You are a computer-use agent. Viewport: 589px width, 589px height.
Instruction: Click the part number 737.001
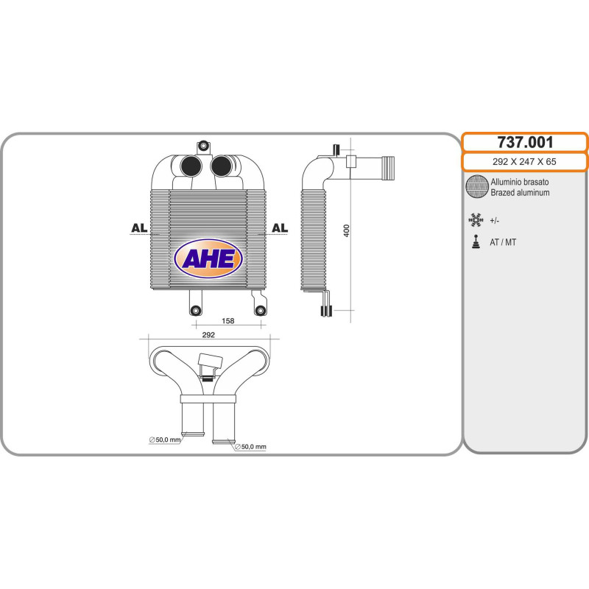(x=524, y=142)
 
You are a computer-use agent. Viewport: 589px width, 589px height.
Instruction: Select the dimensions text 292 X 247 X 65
(x=524, y=163)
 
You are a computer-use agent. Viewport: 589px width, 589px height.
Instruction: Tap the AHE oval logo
(x=208, y=258)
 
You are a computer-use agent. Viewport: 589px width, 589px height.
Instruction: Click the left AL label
(x=138, y=228)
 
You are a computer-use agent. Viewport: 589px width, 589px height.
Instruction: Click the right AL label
(x=280, y=228)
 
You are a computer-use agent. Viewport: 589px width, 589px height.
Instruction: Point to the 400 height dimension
(x=346, y=230)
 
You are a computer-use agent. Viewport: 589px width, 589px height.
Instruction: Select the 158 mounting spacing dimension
(x=228, y=321)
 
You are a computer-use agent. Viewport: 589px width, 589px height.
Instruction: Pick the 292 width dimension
(x=208, y=335)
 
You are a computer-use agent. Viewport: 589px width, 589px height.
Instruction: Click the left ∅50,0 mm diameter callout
(x=164, y=440)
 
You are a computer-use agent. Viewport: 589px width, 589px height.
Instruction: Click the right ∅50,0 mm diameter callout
(x=250, y=447)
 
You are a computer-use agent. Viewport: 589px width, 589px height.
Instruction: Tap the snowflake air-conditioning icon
(x=476, y=219)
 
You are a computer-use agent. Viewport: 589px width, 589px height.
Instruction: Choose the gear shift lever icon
(x=476, y=241)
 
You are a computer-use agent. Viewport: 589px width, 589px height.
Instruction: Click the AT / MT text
(x=503, y=242)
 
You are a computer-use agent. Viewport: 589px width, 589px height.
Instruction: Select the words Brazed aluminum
(x=520, y=193)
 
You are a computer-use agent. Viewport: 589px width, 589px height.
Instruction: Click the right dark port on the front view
(x=221, y=167)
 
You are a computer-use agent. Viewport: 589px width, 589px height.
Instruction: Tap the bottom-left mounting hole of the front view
(x=195, y=311)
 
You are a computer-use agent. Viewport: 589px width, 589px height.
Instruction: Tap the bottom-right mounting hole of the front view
(x=259, y=311)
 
